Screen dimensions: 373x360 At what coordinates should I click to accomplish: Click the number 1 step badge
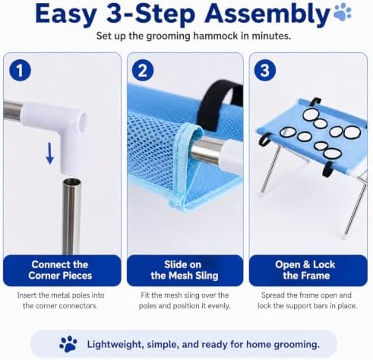(x=20, y=70)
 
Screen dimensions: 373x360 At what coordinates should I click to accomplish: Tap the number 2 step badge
(x=143, y=70)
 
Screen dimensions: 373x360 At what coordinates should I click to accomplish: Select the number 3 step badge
(x=265, y=70)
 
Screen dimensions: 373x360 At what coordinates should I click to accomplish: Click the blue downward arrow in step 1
(x=49, y=153)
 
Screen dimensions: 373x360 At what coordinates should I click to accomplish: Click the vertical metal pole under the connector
(x=71, y=216)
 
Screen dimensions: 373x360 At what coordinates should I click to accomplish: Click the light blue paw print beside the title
(x=343, y=12)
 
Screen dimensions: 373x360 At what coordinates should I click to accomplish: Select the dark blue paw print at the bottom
(x=68, y=344)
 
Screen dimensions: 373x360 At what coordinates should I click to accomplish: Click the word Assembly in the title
(x=267, y=14)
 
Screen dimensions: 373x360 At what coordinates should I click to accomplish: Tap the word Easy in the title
(x=65, y=14)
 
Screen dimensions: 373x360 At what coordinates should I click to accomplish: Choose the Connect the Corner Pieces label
(x=60, y=270)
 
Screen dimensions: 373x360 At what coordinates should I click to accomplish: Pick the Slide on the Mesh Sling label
(x=185, y=270)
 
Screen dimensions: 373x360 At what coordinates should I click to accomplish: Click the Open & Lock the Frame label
(x=306, y=270)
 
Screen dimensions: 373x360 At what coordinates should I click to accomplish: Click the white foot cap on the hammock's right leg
(x=344, y=238)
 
